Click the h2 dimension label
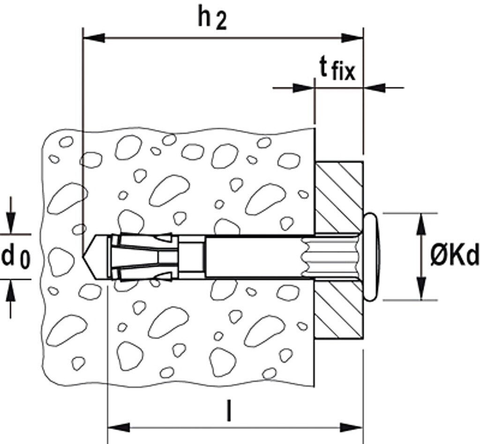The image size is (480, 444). (x=212, y=19)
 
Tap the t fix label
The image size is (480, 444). (x=337, y=70)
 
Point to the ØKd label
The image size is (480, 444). (x=454, y=256)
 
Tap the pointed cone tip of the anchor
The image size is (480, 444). (x=89, y=257)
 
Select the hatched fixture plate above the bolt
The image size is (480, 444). (x=338, y=197)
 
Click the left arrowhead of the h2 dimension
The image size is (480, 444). (x=93, y=37)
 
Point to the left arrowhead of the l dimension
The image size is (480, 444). (x=118, y=427)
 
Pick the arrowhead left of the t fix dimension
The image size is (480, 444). (x=303, y=87)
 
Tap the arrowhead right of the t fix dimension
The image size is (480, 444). (x=375, y=87)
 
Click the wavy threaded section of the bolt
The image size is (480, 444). (x=328, y=257)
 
